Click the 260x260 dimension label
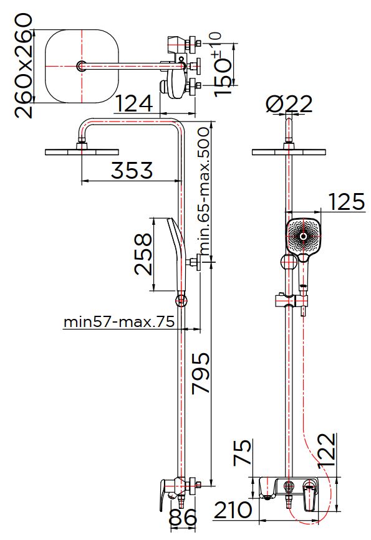(x=24, y=66)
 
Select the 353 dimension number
(x=132, y=170)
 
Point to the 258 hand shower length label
(x=143, y=255)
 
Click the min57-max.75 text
(x=119, y=322)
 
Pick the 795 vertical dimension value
(x=201, y=373)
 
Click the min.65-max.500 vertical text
(x=205, y=191)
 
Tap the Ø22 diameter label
(x=289, y=103)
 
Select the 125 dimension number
(x=346, y=201)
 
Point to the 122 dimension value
(x=327, y=450)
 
